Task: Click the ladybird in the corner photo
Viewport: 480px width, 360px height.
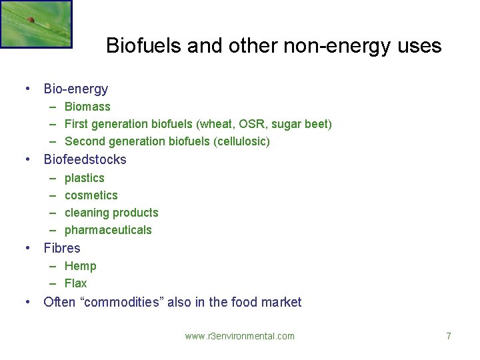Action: point(31,19)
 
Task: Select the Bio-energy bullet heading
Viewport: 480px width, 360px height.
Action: point(75,89)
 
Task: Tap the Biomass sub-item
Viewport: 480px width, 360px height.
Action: point(87,107)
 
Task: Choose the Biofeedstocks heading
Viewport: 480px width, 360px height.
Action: point(85,159)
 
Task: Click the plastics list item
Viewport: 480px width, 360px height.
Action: point(84,178)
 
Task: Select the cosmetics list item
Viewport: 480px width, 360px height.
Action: point(91,195)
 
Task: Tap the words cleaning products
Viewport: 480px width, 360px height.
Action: point(111,213)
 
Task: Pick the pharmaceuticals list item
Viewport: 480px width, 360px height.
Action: point(108,230)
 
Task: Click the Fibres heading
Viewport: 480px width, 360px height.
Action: point(61,248)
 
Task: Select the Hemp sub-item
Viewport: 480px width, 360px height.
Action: point(80,266)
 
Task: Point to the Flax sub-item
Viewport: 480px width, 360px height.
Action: point(75,283)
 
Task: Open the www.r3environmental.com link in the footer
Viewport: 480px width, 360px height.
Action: point(239,336)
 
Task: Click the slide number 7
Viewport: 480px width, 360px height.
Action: point(449,336)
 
